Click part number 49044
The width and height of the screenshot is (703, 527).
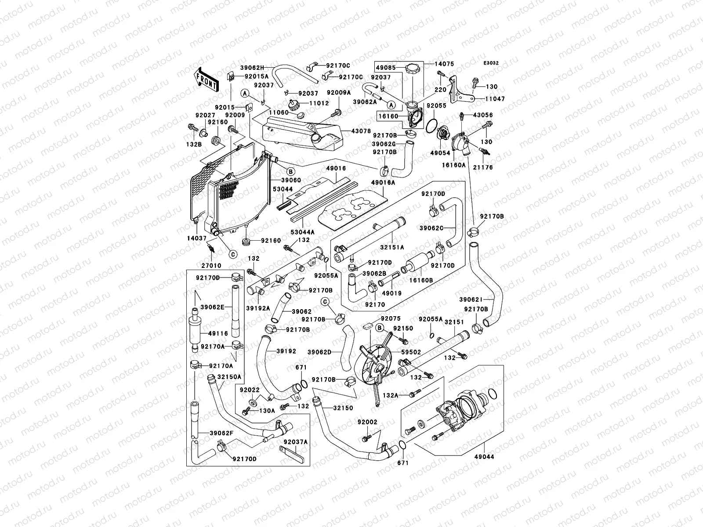click(484, 457)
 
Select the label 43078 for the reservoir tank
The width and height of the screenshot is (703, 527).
click(361, 131)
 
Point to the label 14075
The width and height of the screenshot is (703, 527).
click(445, 63)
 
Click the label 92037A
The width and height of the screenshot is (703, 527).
click(295, 442)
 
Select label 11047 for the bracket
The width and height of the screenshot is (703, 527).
click(495, 99)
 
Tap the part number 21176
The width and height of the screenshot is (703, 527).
click(483, 167)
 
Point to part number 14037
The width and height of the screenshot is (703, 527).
click(196, 238)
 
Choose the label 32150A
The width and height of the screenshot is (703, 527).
click(230, 377)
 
